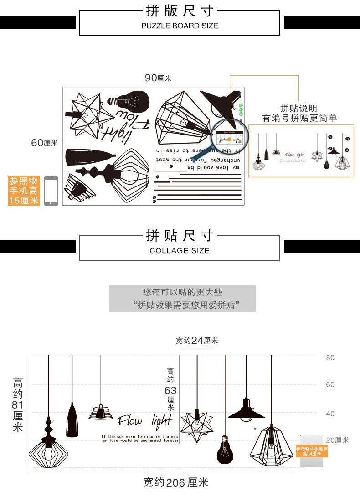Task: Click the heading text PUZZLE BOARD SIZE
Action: pos(180,26)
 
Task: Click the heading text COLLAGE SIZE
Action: pos(180,250)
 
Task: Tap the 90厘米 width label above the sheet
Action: pos(158,78)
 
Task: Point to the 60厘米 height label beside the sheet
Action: pos(44,143)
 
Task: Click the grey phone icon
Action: pos(51,191)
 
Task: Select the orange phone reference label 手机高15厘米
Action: pos(24,191)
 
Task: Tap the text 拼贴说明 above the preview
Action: pos(298,109)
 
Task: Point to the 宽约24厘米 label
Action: pos(197,341)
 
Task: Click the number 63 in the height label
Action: pos(170,390)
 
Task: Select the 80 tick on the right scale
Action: pos(330,357)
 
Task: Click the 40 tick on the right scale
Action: pos(330,414)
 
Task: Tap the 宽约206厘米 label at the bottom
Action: pos(175,482)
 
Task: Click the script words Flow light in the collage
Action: pos(144,420)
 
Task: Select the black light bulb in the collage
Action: pos(224,449)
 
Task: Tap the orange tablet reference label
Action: pos(312,451)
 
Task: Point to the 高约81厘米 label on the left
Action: pos(18,405)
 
